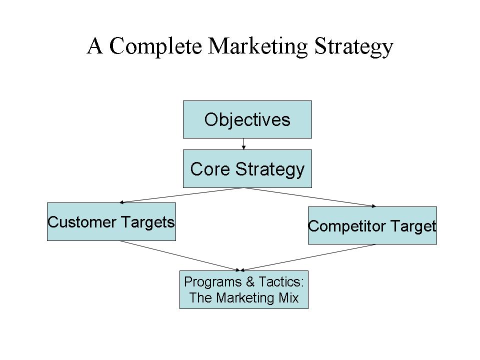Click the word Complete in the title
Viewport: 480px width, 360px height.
155,46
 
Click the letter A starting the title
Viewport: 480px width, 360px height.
95,45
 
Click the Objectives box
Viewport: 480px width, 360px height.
247,119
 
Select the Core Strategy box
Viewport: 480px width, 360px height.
247,168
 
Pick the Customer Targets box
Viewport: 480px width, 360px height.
111,221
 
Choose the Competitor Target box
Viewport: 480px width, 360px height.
372,225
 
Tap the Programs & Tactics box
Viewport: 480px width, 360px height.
243,289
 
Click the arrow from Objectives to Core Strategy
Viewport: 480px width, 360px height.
243,144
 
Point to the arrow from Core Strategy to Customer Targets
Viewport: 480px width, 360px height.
181,195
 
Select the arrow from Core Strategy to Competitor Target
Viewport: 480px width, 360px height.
310,197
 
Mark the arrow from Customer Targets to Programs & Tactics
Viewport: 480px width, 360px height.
180,256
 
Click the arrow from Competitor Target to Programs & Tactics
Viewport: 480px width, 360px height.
308,257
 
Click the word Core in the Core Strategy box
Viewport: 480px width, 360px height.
210,169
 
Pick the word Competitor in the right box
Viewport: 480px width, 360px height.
347,226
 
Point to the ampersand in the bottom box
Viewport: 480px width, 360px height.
250,282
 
